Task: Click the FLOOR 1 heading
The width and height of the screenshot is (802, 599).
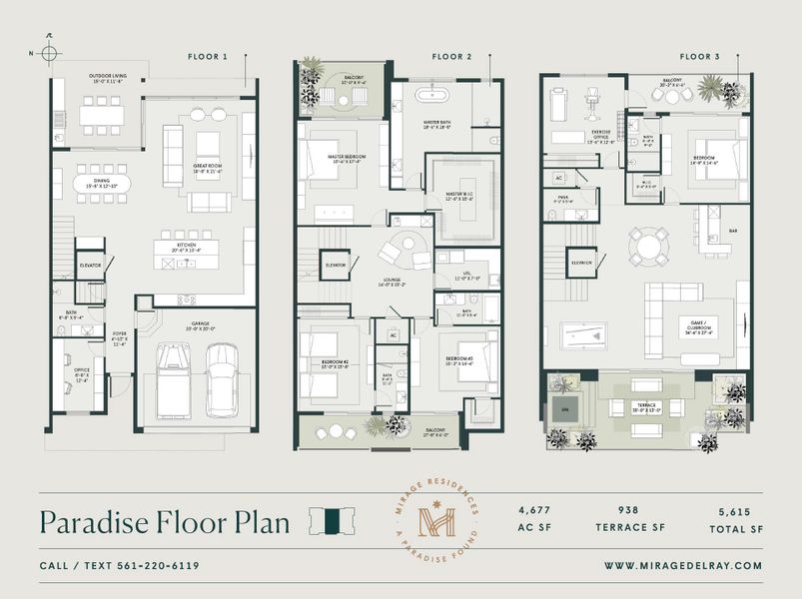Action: [x=208, y=57]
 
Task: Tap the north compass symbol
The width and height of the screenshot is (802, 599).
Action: [x=48, y=52]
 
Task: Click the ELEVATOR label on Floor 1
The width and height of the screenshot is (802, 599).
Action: [x=90, y=266]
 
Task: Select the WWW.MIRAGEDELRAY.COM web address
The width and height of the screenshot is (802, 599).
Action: [x=682, y=566]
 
